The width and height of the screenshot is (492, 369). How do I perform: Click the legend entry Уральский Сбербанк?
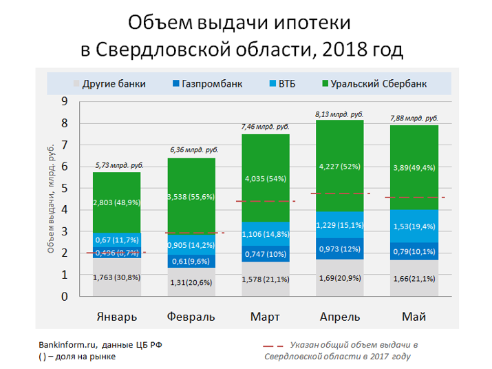pyautogui.click(x=374, y=84)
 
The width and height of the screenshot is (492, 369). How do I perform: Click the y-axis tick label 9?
pyautogui.click(x=65, y=101)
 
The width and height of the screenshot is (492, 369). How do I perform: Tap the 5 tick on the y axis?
pyautogui.click(x=65, y=189)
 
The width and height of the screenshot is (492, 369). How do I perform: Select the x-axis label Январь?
pyautogui.click(x=116, y=317)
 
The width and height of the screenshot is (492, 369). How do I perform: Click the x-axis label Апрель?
pyautogui.click(x=339, y=317)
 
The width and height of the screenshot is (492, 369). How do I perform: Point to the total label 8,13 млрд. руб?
pyautogui.click(x=339, y=114)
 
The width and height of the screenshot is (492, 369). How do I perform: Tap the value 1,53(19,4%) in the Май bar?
pyautogui.click(x=414, y=226)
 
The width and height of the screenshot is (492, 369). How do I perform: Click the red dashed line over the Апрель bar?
pyautogui.click(x=339, y=193)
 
